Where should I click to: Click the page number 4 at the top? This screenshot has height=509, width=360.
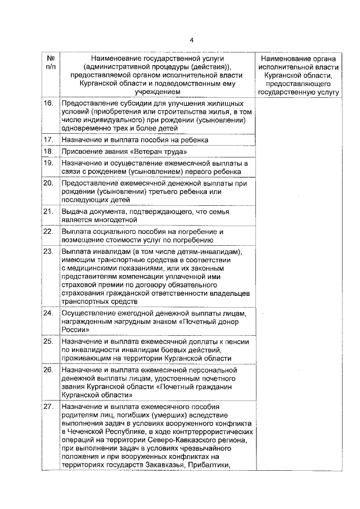191,40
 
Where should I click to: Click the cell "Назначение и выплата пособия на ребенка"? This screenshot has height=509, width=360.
135,139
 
